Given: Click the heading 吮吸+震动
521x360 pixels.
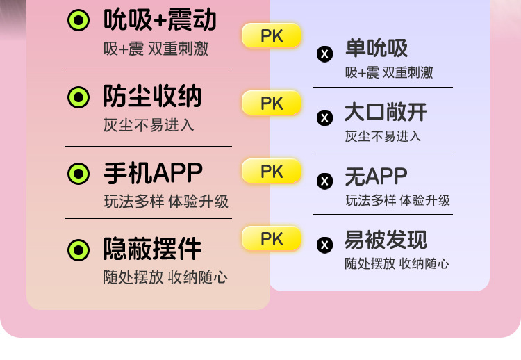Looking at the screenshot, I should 160,20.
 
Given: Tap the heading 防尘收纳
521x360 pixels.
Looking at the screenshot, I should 152,97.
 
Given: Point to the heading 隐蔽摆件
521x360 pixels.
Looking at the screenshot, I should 152,248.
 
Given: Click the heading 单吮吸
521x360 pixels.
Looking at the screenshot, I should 376,49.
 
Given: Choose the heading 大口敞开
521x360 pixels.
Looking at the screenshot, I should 386,113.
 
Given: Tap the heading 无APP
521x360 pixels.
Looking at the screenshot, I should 376,177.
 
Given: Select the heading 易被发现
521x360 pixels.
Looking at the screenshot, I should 386,240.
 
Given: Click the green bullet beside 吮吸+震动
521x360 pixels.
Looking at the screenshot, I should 78,21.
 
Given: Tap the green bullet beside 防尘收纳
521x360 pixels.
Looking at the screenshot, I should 78,97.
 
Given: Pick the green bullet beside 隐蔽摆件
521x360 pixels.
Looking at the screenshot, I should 78,249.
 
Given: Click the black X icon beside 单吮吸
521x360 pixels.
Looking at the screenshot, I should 324,54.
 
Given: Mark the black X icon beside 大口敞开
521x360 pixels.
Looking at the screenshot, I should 324,117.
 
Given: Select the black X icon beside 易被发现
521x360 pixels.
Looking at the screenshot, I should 324,245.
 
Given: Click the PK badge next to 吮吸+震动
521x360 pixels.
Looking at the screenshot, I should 272,36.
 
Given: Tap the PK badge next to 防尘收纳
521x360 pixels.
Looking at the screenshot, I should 272,104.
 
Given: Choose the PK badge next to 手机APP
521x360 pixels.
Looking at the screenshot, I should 272,171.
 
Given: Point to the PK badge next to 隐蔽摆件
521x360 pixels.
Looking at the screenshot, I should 272,238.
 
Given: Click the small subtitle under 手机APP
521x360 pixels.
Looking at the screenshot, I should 166,202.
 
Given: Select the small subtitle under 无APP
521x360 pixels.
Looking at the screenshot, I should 397,201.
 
